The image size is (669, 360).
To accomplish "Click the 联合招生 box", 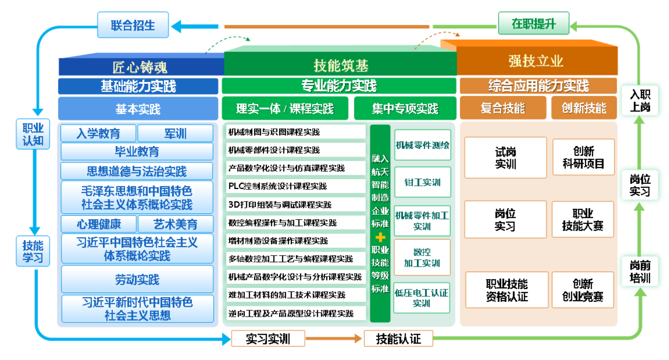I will click(x=133, y=25).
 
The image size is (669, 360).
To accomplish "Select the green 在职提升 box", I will click(x=534, y=23).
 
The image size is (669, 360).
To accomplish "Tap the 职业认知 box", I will click(x=33, y=134).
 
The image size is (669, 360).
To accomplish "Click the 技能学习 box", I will click(x=33, y=251).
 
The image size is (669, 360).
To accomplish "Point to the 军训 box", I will click(x=175, y=133).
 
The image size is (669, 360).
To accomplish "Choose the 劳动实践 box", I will click(x=137, y=279).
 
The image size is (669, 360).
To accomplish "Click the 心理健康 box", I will click(x=99, y=224).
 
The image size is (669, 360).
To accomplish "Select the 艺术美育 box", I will click(x=175, y=224).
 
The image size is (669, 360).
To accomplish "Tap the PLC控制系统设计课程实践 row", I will click(x=295, y=186).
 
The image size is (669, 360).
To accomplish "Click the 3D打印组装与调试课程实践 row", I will click(x=295, y=205).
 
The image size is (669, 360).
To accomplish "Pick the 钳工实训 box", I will click(x=423, y=182).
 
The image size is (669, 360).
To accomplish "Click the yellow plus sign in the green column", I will click(x=380, y=237).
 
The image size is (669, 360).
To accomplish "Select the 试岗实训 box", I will click(x=505, y=158).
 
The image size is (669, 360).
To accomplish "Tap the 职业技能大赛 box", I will click(x=583, y=219).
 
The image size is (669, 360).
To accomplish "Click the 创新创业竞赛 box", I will click(x=583, y=290).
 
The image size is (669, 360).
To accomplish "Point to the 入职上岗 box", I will click(x=640, y=100).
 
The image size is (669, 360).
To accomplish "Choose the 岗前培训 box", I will click(x=640, y=271).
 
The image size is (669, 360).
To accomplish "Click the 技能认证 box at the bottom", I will click(x=398, y=339).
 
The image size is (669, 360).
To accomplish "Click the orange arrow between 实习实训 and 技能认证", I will click(x=334, y=338).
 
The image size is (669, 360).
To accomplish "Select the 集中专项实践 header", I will click(x=405, y=108).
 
